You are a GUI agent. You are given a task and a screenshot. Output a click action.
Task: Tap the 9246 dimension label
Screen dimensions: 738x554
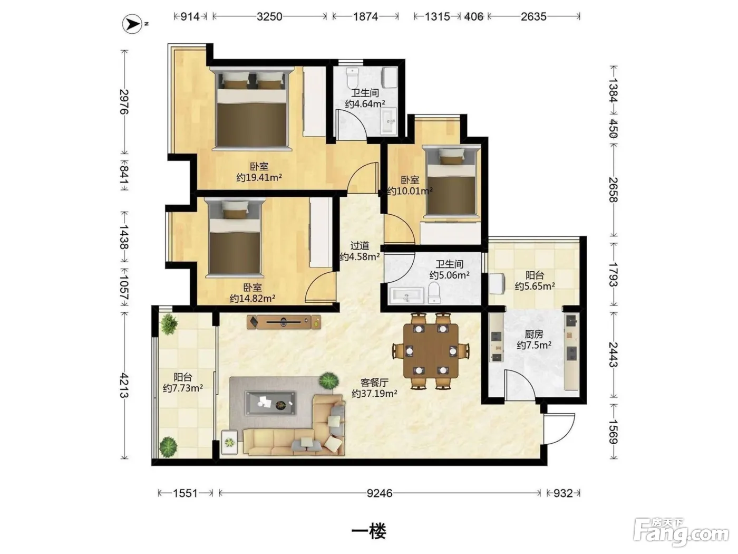pos(380,493)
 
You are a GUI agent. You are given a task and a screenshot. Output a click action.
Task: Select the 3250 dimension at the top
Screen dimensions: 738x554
pos(269,16)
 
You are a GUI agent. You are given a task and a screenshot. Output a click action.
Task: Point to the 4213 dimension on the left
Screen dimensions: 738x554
pos(124,386)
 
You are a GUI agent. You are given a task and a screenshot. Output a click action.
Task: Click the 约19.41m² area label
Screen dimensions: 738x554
pos(259,177)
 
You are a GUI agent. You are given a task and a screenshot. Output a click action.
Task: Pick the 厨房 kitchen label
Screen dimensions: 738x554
pos(534,334)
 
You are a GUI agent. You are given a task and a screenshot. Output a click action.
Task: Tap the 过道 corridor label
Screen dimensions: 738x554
pos(360,245)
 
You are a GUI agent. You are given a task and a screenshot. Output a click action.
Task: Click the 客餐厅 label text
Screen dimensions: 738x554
pos(375,383)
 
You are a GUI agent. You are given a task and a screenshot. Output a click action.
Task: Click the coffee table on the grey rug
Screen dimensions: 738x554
pos(270,403)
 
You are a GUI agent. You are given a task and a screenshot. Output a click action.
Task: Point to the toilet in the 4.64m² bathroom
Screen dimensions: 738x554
pos(352,78)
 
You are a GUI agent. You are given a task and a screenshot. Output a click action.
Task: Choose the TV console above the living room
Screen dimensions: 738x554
pos(284,322)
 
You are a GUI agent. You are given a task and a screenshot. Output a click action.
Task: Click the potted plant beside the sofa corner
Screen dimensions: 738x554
pos(328,380)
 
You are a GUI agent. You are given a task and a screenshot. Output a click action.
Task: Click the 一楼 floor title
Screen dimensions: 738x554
pos(369,531)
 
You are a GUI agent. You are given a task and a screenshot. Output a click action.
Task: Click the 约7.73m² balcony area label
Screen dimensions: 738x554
pos(182,388)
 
